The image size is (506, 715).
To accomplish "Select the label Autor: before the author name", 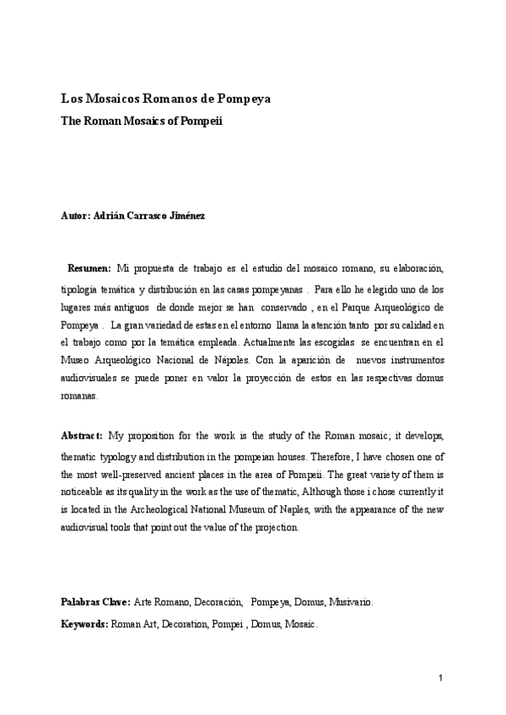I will (75, 216).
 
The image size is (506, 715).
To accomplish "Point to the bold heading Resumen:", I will (89, 267).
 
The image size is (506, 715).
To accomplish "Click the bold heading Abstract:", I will (82, 435).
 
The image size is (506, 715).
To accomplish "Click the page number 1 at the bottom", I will (440, 679).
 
